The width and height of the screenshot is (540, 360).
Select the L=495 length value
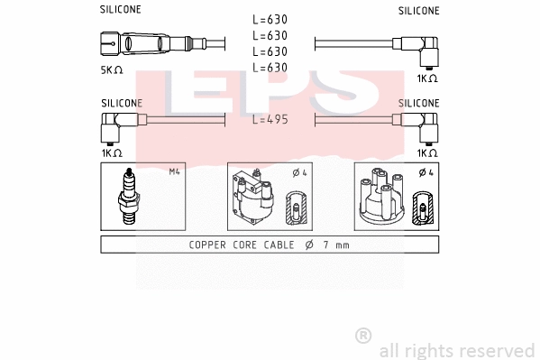coord(270,119)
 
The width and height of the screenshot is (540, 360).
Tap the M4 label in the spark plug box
coord(175,171)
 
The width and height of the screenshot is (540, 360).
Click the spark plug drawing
coord(129,198)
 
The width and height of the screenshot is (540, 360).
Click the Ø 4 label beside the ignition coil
coord(299,171)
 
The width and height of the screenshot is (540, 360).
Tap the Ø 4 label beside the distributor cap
coord(427,171)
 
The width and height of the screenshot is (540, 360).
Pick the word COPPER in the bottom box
coord(208,245)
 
